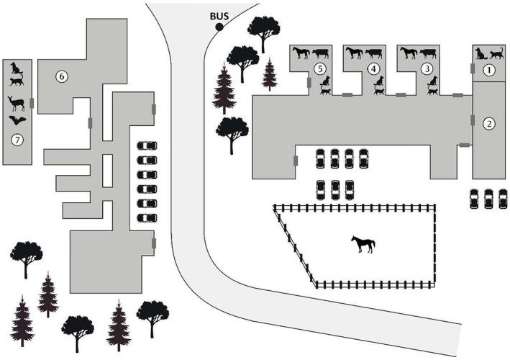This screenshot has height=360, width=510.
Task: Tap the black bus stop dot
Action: click(x=219, y=27)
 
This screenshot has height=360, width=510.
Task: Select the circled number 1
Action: click(x=489, y=71)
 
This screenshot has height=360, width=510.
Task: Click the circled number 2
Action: click(x=489, y=123)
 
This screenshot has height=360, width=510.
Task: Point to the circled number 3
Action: click(x=427, y=68)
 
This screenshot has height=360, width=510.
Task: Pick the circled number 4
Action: click(x=373, y=68)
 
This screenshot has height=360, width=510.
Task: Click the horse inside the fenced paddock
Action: click(x=363, y=244)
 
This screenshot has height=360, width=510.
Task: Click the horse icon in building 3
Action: click(x=409, y=53)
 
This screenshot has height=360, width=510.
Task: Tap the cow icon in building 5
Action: click(x=321, y=53)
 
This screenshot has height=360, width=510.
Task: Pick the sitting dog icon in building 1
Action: click(x=481, y=53)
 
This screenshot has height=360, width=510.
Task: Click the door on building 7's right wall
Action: click(x=32, y=103)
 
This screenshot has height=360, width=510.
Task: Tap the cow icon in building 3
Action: click(x=428, y=53)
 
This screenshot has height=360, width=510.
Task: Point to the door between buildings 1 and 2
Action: click(x=472, y=69)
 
